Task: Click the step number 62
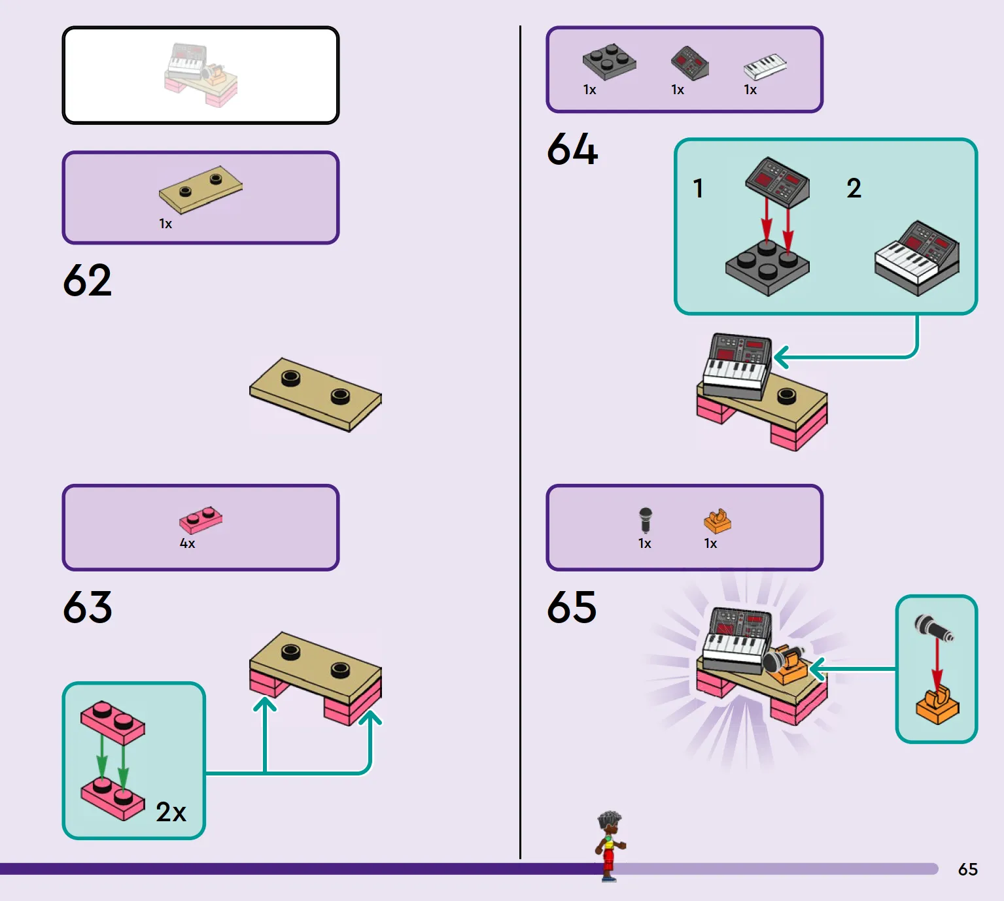[87, 280]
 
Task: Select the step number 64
[572, 148]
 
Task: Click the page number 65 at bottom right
[968, 870]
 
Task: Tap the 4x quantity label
[187, 543]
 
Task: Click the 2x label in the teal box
[171, 811]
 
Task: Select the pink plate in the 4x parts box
[201, 520]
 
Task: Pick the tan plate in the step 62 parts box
[201, 190]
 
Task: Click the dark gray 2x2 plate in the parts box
[609, 61]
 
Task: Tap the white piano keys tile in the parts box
[765, 67]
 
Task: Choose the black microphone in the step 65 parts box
[645, 520]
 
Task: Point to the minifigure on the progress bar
[610, 846]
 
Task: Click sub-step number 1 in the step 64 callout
[699, 188]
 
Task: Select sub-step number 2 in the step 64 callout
[854, 188]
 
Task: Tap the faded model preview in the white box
[201, 75]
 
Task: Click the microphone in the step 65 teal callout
[933, 628]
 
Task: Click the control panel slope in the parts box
[690, 63]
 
